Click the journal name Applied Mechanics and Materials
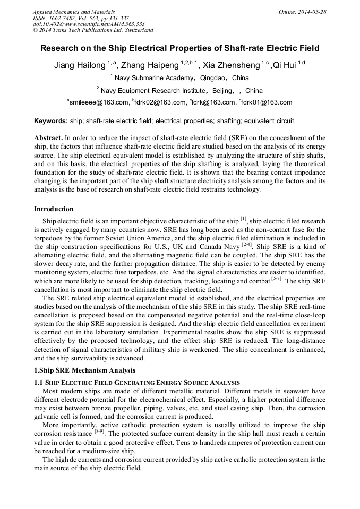click(74, 12)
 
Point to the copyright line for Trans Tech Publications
click(93, 31)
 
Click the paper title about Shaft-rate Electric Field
click(180, 48)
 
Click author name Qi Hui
click(285, 66)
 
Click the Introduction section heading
click(54, 209)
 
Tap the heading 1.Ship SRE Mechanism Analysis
click(84, 370)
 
